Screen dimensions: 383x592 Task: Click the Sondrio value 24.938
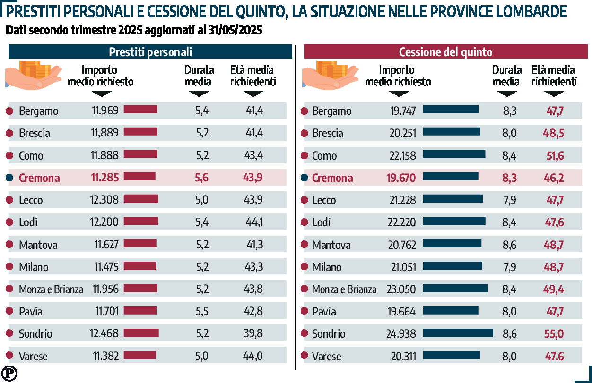(x=401, y=334)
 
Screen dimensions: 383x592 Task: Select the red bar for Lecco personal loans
(x=141, y=198)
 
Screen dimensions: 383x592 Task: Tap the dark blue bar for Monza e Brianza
(x=455, y=288)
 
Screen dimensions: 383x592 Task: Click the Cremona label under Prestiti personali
(x=39, y=178)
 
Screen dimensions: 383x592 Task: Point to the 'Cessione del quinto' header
(x=445, y=52)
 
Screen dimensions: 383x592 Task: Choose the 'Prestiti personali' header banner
(x=150, y=52)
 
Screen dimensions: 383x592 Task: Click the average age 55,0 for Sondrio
(x=554, y=334)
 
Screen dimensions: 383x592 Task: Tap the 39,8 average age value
(x=254, y=334)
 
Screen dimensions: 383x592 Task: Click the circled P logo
(x=9, y=373)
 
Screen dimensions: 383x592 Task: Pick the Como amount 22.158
(x=402, y=155)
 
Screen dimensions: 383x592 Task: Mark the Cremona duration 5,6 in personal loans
(x=202, y=178)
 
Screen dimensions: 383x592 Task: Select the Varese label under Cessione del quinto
(x=326, y=356)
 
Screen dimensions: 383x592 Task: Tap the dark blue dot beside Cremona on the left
(x=9, y=178)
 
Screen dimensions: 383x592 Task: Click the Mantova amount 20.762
(x=402, y=245)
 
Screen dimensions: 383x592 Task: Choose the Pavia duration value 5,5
(x=202, y=311)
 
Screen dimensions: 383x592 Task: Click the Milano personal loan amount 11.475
(x=106, y=267)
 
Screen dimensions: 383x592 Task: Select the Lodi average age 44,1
(x=255, y=222)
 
